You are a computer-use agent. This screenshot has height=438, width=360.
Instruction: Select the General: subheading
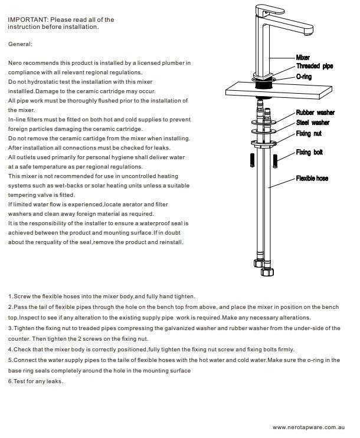click(x=21, y=44)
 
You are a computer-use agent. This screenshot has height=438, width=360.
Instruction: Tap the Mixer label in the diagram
click(x=303, y=57)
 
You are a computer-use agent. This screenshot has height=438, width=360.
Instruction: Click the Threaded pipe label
click(x=314, y=66)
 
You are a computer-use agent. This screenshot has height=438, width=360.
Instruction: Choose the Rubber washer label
click(x=315, y=113)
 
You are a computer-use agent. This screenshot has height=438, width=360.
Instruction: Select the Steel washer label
click(x=312, y=123)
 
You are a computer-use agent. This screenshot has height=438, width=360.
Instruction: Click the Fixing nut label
click(x=309, y=134)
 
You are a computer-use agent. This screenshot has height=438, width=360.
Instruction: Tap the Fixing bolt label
click(x=309, y=153)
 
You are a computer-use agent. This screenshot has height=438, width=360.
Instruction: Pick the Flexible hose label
click(x=312, y=178)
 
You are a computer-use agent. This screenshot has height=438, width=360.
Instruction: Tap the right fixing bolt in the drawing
click(x=276, y=160)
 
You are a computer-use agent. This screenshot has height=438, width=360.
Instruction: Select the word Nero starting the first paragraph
click(x=15, y=62)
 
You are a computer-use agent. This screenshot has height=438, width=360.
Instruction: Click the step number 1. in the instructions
click(x=11, y=296)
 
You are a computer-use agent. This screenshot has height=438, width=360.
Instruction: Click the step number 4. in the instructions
click(x=11, y=349)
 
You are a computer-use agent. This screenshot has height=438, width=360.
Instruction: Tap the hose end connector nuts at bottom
click(x=261, y=265)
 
